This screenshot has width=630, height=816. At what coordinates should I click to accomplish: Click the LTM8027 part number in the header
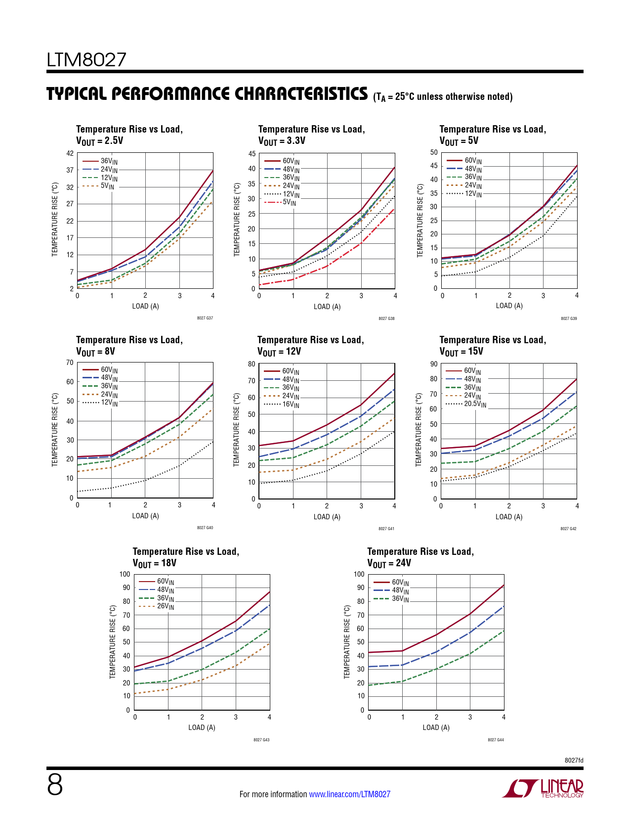pos(86,60)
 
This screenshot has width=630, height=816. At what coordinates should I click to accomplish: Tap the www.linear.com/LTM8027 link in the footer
pos(349,794)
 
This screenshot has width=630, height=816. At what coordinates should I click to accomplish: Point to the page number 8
pos(55,785)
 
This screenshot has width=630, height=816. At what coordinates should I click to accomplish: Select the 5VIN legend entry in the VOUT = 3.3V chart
pos(289,202)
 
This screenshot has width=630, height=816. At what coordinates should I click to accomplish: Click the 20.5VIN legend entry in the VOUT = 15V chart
pos(474,404)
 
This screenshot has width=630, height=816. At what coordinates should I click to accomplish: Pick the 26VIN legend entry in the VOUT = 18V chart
pos(165,606)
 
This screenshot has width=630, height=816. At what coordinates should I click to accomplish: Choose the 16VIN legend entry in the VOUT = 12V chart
pos(290,405)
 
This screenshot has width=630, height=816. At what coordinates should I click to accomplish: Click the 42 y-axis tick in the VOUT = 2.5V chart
pos(70,153)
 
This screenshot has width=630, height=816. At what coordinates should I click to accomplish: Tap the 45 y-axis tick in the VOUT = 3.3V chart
pos(252,154)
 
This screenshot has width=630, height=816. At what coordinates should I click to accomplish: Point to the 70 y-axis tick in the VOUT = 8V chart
pos(70,363)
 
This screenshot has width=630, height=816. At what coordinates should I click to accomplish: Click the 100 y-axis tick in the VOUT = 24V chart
pos(359,574)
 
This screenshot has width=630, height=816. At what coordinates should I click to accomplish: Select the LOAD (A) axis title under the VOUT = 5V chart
pos(509,306)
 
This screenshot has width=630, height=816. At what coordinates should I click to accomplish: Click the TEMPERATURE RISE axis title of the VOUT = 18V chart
pos(113,641)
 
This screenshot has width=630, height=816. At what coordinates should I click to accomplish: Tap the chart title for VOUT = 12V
pos(310,345)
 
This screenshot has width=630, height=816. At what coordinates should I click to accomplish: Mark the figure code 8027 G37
pos(205,318)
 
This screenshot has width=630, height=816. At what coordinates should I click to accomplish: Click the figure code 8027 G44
pos(496,740)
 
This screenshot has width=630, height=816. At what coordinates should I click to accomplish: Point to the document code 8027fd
pos(574,760)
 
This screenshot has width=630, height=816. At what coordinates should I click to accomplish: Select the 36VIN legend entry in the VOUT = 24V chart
pos(400,599)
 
